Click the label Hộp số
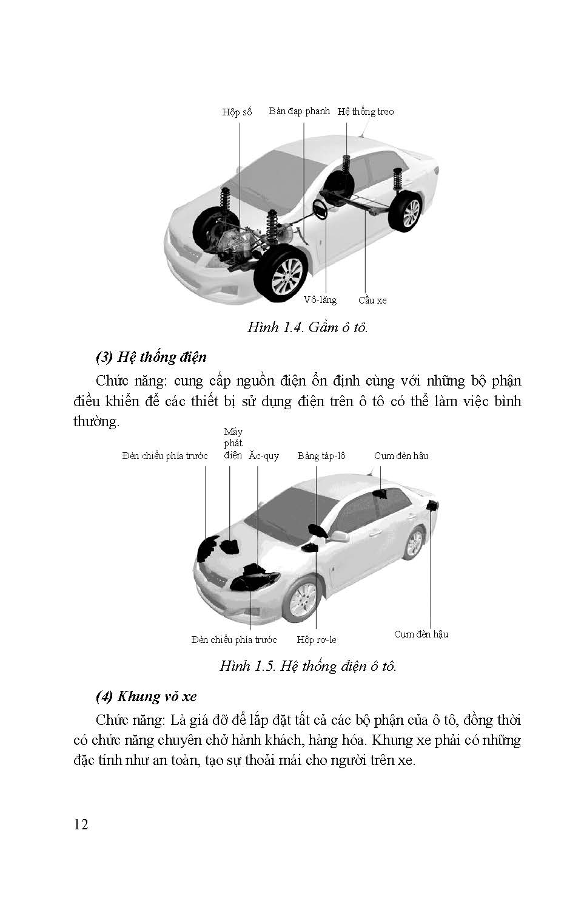[237, 112]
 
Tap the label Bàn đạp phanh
[300, 111]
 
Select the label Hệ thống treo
[366, 112]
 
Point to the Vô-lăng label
[320, 300]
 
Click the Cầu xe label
[372, 301]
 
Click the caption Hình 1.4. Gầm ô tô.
[307, 327]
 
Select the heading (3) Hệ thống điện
[151, 356]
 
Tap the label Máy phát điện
[233, 443]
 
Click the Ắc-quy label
[264, 456]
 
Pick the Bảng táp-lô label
[321, 456]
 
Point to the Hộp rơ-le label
[317, 639]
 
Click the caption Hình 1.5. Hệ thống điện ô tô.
[307, 666]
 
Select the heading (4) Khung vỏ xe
[146, 696]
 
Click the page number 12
[81, 824]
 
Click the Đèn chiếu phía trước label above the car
[164, 456]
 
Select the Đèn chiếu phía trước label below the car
[233, 639]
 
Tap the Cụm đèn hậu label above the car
[401, 456]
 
